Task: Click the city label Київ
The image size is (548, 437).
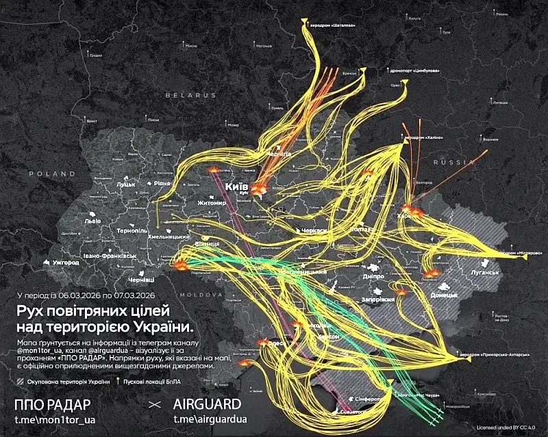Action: (236, 187)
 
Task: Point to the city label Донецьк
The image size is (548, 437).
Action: (444, 295)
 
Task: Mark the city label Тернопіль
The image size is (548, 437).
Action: (132, 231)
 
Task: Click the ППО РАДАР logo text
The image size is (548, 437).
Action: (51, 403)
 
